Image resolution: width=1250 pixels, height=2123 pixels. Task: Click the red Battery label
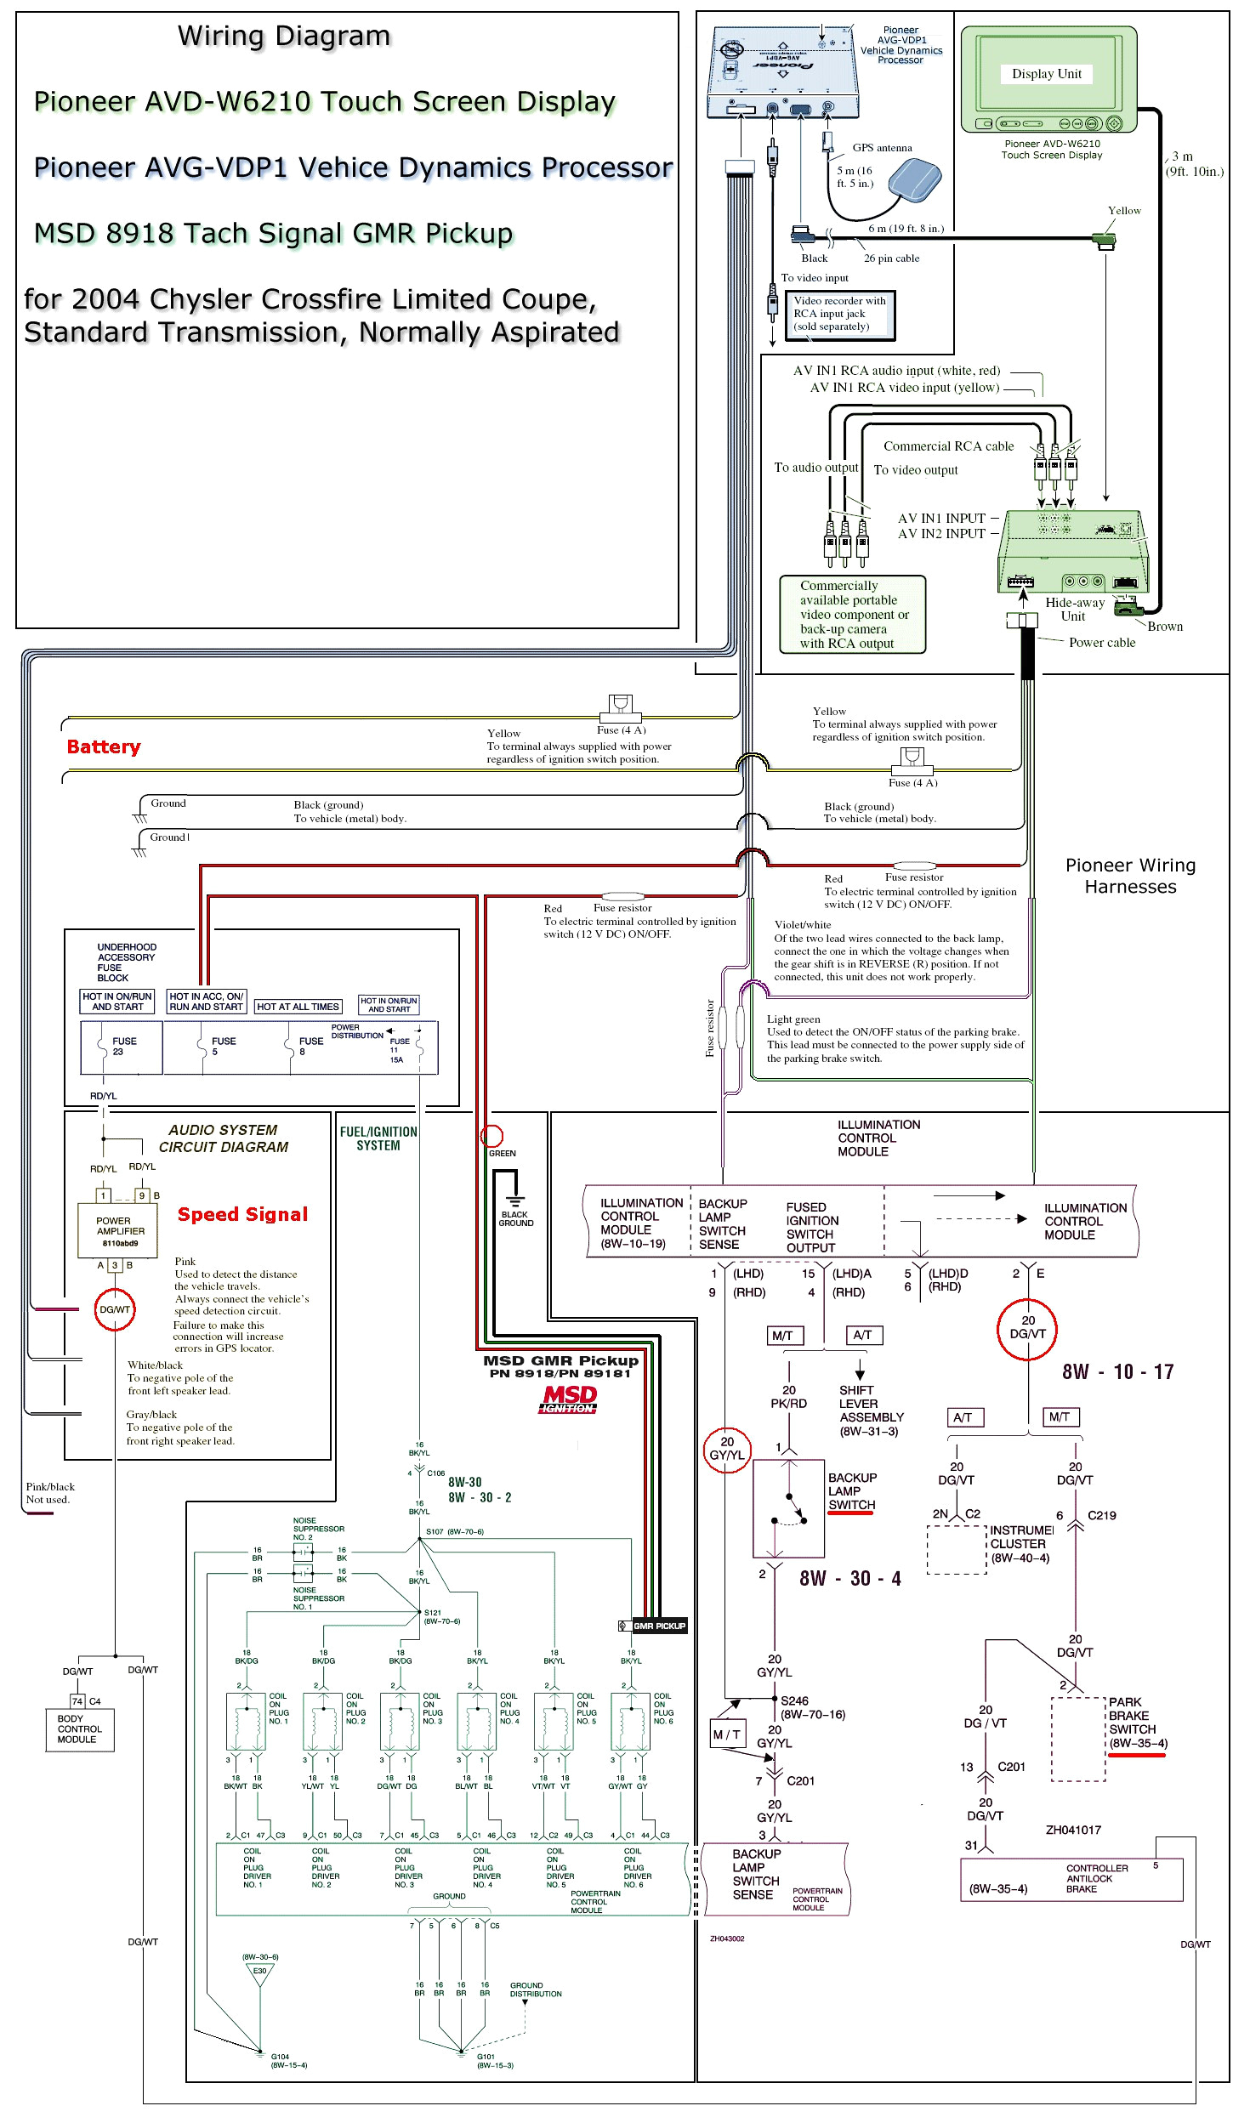coord(104,746)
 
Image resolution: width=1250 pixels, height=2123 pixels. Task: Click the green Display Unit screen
coord(1047,74)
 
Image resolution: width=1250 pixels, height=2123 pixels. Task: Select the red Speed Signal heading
coord(242,1214)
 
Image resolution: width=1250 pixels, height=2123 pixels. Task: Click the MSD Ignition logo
coord(570,1399)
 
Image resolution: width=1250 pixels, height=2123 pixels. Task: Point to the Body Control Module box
coord(79,1728)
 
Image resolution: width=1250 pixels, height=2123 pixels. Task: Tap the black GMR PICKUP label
coord(658,1626)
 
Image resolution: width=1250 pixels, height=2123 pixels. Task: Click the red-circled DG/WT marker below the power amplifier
coord(115,1309)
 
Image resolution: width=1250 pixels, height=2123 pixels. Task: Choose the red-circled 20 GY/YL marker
coord(726,1449)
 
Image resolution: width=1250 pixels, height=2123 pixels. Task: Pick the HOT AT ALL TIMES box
coord(298,1007)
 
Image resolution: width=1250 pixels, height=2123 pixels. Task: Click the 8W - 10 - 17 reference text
coord(1117,1371)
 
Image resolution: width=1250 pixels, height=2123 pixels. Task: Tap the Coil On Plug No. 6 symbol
coord(631,1722)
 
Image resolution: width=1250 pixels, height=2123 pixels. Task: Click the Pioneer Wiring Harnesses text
coord(1130,876)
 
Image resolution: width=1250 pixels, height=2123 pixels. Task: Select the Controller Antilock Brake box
coord(1071,1879)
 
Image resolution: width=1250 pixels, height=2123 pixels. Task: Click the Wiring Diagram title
coord(284,36)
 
